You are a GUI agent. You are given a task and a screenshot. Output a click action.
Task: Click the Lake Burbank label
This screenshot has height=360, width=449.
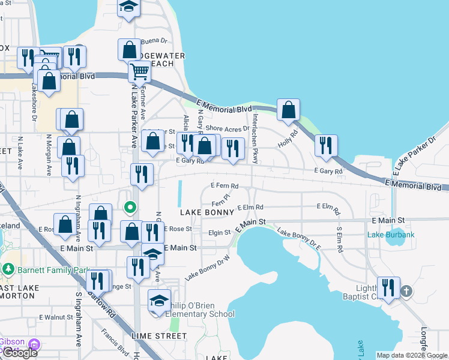click(x=391, y=235)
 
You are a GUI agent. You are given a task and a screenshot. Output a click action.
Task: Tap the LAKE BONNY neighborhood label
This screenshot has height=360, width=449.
click(x=202, y=213)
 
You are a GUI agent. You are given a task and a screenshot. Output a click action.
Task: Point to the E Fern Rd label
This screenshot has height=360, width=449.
click(x=224, y=186)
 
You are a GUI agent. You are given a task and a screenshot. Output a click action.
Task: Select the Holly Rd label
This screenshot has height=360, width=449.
click(x=288, y=139)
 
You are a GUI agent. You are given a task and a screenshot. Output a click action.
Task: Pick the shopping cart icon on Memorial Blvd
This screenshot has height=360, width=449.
click(x=139, y=71)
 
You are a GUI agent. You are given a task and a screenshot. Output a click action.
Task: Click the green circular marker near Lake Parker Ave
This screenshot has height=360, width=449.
click(x=129, y=208)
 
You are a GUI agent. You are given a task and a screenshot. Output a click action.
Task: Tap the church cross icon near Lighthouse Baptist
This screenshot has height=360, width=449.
click(x=406, y=291)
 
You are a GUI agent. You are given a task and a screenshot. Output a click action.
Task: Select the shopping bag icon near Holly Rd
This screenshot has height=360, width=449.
click(x=289, y=110)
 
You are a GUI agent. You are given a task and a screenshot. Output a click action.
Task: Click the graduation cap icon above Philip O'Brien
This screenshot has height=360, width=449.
click(x=160, y=301)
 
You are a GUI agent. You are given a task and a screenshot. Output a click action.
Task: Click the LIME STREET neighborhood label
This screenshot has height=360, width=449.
click(x=162, y=336)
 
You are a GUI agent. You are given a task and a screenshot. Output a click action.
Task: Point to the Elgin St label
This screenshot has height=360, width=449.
click(x=220, y=233)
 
